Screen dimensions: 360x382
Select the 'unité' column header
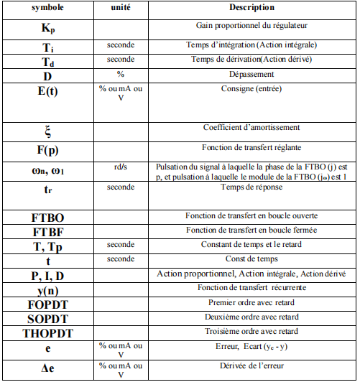tap(120, 7)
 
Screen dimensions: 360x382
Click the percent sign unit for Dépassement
tap(120, 73)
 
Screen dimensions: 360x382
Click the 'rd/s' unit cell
tap(120, 166)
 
